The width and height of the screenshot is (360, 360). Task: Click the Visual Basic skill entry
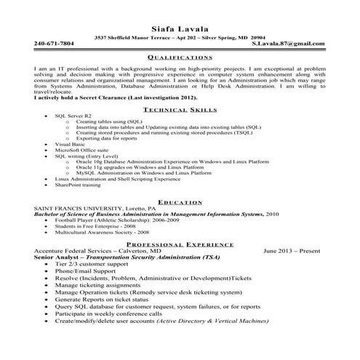tap(70, 145)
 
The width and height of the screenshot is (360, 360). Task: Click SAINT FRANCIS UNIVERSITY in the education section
tap(84, 208)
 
